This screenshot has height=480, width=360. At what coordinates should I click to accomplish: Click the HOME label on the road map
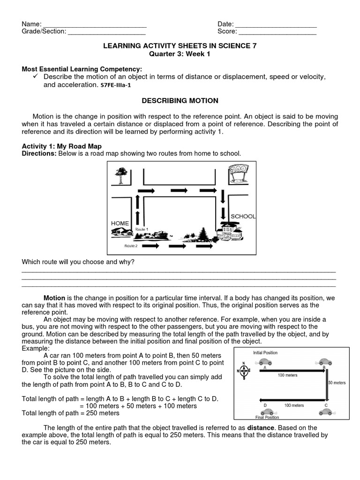(120, 223)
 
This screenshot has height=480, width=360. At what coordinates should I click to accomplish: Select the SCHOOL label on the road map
(243, 216)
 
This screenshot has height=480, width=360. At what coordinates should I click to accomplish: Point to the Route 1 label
(142, 229)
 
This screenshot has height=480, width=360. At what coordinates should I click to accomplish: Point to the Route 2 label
(131, 246)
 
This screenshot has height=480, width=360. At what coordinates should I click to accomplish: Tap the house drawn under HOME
(122, 232)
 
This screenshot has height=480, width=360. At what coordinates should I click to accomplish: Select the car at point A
(266, 361)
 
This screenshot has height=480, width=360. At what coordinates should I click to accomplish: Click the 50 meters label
(337, 383)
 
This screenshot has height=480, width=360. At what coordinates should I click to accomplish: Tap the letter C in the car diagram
(326, 405)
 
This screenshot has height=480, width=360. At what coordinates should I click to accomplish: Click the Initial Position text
(266, 352)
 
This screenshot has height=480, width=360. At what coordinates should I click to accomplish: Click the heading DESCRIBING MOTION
(180, 101)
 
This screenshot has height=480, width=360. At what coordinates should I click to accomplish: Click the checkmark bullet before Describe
(36, 76)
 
